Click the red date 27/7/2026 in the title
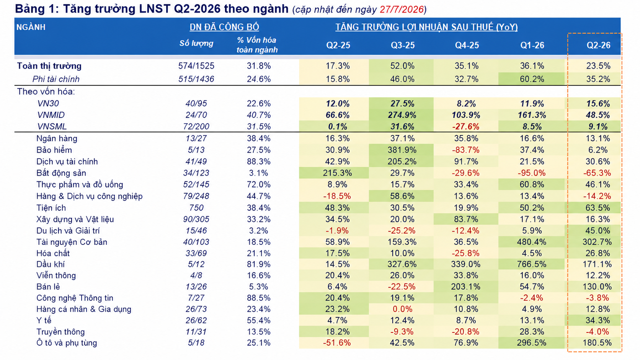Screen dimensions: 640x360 [x=402, y=10]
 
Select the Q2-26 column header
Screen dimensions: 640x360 [x=598, y=45]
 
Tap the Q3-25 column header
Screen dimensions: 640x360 [x=403, y=45]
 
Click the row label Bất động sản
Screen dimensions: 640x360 [x=61, y=173]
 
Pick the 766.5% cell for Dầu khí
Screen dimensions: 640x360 [x=531, y=264]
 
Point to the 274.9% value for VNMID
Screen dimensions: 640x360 [x=402, y=115]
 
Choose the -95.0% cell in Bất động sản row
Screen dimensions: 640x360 [x=531, y=173]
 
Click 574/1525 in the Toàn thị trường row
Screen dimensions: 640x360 [x=196, y=66]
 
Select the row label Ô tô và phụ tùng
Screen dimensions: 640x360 [x=67, y=343]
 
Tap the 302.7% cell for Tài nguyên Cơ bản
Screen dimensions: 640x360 [x=597, y=242]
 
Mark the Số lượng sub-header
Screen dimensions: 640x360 [x=196, y=43]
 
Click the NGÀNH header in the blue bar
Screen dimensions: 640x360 [x=31, y=27]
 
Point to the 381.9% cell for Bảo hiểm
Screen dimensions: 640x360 [x=402, y=150]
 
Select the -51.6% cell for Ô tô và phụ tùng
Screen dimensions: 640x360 [x=337, y=343]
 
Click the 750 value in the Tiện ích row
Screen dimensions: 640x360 [x=196, y=208]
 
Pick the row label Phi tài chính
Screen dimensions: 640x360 [x=56, y=79]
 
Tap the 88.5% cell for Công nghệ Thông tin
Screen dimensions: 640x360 [x=259, y=298]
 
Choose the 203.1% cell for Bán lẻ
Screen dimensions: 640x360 [x=466, y=287]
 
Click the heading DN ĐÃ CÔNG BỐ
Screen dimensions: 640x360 [x=224, y=27]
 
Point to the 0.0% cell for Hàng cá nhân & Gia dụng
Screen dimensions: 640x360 [x=402, y=309]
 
